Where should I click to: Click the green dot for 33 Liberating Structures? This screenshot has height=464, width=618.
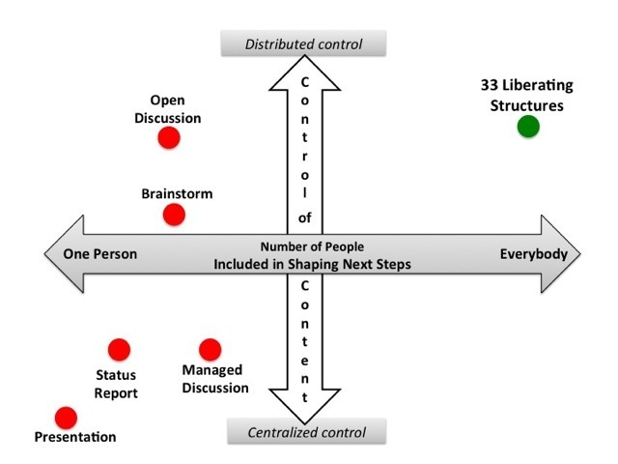coord(527,127)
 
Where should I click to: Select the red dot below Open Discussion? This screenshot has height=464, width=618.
coord(169,138)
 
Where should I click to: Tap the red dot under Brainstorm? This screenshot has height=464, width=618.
coord(174,214)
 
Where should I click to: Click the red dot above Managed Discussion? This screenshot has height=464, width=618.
coord(210,349)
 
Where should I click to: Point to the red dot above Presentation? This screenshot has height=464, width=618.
coord(66,418)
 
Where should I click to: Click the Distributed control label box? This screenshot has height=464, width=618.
coord(303,43)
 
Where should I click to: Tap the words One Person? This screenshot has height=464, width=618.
coord(100,254)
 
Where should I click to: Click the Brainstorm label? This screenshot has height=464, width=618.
coord(177,193)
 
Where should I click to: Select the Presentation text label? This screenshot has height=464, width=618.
coord(75,437)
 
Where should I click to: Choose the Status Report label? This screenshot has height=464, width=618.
coord(116,384)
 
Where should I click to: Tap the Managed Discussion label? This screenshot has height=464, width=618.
coord(215,379)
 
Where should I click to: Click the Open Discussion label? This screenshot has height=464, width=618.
coord(175,109)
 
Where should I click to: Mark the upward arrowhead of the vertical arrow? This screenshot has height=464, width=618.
coord(303,69)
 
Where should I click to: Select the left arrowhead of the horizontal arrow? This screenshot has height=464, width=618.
coord(60,254)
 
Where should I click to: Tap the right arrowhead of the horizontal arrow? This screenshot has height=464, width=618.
coord(565,254)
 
